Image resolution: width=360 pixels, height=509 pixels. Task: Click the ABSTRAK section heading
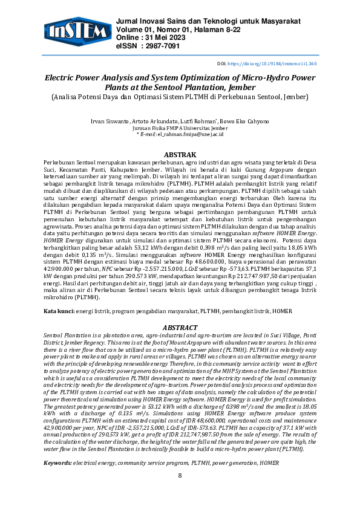(x=180, y=155)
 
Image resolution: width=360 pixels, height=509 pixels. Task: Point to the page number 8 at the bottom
(x=180, y=475)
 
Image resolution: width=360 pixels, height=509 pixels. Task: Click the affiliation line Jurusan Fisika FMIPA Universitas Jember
(x=180, y=128)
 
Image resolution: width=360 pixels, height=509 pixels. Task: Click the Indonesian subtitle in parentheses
(x=180, y=96)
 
